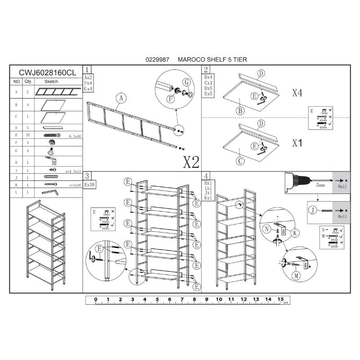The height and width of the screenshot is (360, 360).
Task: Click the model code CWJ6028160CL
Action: [x=47, y=72]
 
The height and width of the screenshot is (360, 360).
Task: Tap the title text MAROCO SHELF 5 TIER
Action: [x=212, y=59]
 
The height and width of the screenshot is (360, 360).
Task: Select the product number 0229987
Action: [x=157, y=59]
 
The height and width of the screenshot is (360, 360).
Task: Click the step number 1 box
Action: [x=88, y=69]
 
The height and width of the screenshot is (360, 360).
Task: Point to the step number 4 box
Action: [x=206, y=176]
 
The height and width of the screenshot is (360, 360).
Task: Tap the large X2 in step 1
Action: [x=191, y=162]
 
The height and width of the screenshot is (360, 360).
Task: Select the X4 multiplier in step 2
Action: [x=297, y=93]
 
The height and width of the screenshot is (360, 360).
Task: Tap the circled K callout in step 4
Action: [x=295, y=233]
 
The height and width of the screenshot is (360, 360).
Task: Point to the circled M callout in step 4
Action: [x=297, y=276]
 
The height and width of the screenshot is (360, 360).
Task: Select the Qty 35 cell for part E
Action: [x=28, y=135]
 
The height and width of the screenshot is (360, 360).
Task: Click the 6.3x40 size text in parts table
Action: [x=74, y=135]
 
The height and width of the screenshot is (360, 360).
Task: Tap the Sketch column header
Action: [x=52, y=82]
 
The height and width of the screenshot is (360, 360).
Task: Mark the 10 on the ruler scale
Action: [x=219, y=299]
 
